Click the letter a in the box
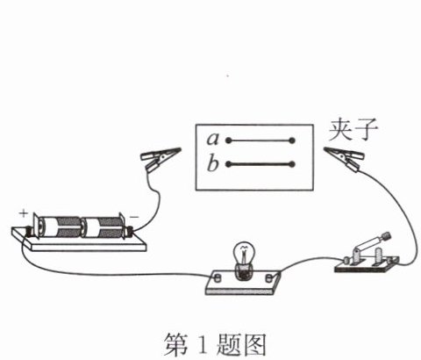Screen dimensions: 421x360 click(x=213, y=139)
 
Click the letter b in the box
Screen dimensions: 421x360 click(x=213, y=162)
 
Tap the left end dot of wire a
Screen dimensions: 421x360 click(x=229, y=140)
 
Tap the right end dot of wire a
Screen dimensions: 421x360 click(x=292, y=141)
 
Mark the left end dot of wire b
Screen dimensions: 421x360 click(x=229, y=164)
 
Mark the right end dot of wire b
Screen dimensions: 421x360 click(x=292, y=164)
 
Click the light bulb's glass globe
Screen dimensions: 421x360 click(x=244, y=254)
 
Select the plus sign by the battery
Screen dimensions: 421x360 click(x=24, y=213)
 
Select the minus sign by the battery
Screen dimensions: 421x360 click(x=134, y=217)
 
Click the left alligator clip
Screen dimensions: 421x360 click(x=161, y=158)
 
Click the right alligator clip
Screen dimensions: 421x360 click(x=345, y=158)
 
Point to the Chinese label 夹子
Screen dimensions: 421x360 click(x=353, y=130)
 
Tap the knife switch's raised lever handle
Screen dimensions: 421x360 click(x=372, y=242)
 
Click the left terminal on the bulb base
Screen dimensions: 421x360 click(x=218, y=277)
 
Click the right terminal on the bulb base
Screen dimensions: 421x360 click(x=268, y=277)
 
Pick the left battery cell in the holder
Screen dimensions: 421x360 click(x=60, y=227)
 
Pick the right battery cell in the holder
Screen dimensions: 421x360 click(x=103, y=227)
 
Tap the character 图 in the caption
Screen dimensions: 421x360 click(x=253, y=344)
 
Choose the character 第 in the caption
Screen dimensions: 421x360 click(x=176, y=344)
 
